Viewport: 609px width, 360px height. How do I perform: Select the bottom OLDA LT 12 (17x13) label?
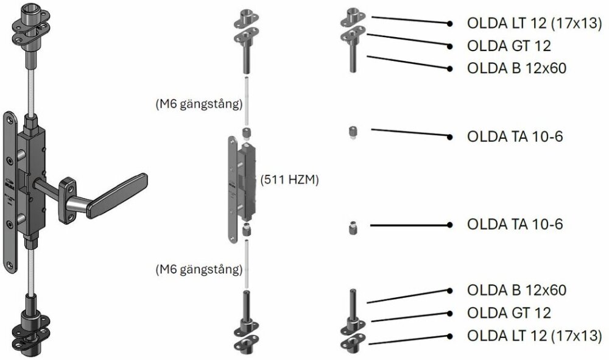(534, 336)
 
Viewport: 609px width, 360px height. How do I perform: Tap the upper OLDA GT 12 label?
(509, 46)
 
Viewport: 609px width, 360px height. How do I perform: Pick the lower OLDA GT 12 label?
(509, 313)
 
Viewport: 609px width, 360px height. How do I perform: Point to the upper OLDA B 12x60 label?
(516, 68)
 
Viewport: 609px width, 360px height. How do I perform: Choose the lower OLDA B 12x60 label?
(516, 291)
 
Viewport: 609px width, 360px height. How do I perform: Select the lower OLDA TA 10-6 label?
(515, 224)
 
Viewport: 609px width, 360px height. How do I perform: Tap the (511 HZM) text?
(289, 180)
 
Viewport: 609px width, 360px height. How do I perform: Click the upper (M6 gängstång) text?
(199, 104)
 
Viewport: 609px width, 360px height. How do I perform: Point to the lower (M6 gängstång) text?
(199, 269)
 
